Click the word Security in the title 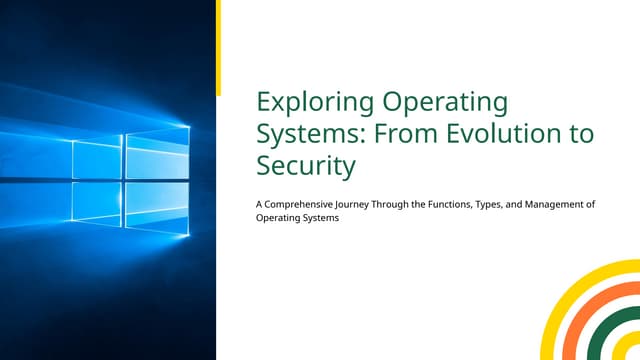click(x=306, y=165)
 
